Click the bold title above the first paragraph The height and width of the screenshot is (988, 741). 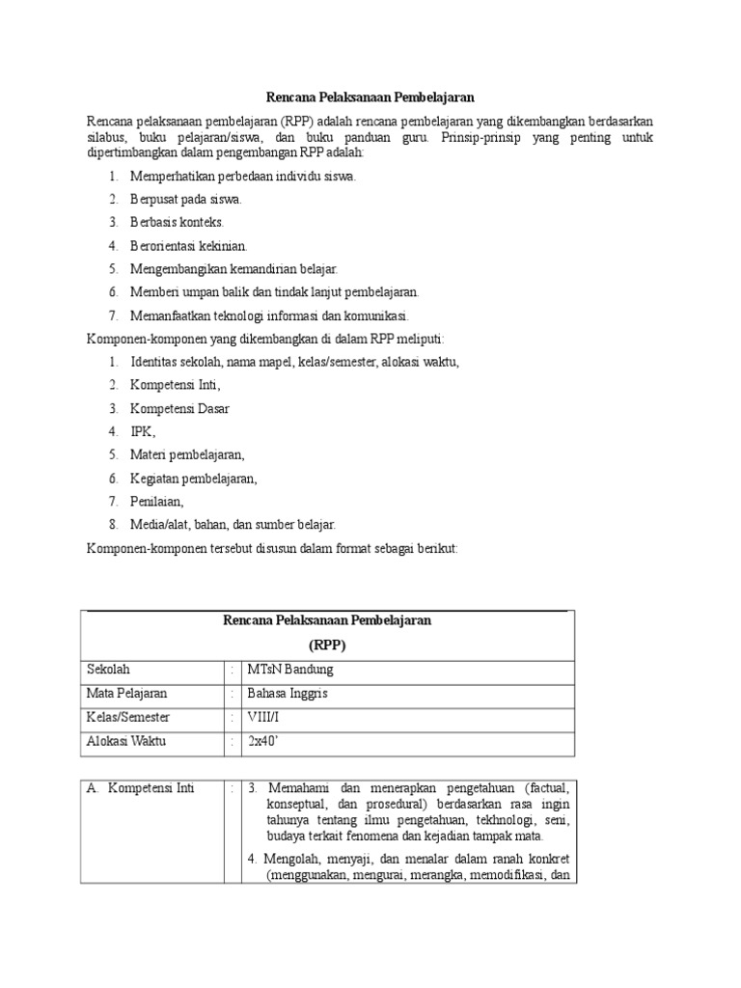coord(370,97)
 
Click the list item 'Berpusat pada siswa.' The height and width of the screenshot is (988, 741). coord(186,200)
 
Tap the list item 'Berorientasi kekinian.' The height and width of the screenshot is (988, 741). coord(189,246)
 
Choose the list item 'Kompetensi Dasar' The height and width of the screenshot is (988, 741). coord(180,408)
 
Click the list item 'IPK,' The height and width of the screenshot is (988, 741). coord(143,431)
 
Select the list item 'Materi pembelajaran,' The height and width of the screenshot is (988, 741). coord(188,454)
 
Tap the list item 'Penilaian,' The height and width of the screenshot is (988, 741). coord(157,501)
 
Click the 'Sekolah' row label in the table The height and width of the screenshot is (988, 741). coord(108,670)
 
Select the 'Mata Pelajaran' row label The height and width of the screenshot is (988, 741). coord(126,694)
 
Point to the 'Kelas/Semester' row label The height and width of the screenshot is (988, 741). coord(128,718)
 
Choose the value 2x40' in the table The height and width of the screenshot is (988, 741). coord(262,742)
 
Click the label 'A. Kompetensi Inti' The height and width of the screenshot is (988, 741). coord(141,788)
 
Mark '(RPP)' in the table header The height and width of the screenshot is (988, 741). coord(328,645)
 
